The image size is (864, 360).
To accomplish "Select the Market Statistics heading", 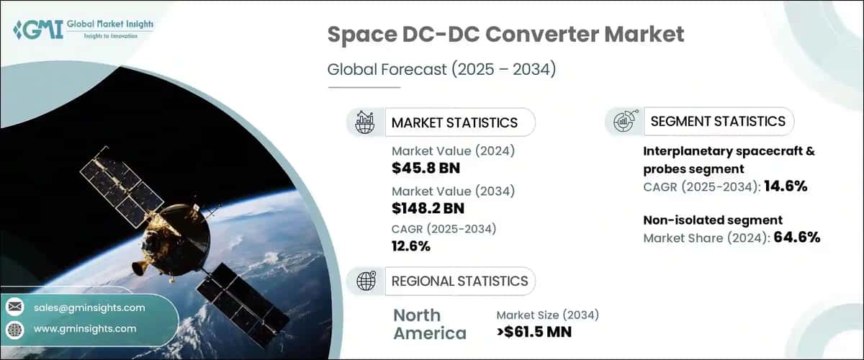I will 454,122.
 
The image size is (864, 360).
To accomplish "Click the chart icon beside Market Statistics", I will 365,122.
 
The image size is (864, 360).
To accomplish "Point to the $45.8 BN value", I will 426,169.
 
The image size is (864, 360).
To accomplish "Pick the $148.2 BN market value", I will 428,209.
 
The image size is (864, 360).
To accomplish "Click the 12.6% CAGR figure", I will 411,246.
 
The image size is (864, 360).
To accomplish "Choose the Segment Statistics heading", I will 718,121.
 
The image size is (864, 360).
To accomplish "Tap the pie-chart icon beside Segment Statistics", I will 624,122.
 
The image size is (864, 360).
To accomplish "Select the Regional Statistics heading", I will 459,281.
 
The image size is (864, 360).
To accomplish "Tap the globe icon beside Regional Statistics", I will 365,281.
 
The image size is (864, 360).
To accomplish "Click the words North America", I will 430,324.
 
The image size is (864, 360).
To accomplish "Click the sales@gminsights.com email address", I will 89,307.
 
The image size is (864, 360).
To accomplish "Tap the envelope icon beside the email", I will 14,307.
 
